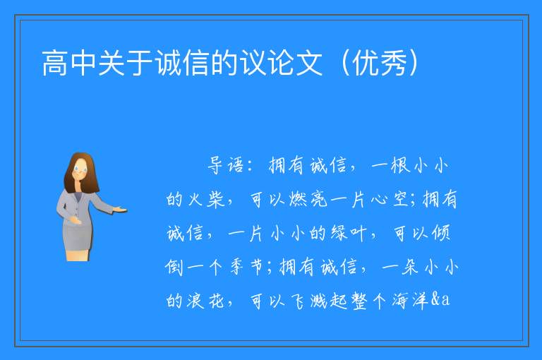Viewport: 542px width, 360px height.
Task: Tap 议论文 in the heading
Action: point(281,63)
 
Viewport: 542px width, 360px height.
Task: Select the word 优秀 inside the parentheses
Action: point(380,63)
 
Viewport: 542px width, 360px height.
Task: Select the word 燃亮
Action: point(308,200)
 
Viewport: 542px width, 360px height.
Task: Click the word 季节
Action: point(247,267)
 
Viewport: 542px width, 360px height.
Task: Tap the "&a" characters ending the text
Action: point(440,299)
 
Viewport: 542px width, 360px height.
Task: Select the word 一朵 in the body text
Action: point(400,267)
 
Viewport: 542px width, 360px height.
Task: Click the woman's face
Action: point(80,170)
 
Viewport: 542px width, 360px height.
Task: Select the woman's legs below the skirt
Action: point(78,256)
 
